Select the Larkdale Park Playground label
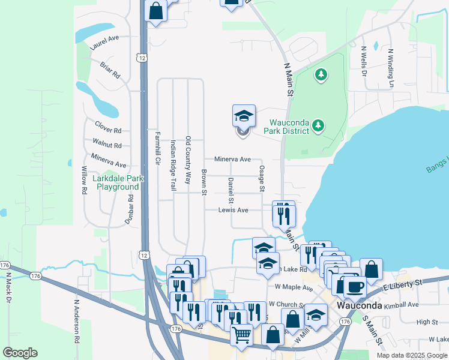tap(118, 182)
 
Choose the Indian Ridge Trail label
tap(173, 166)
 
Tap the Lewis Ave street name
tap(234, 210)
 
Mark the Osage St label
tap(262, 179)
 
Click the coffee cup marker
tap(354, 288)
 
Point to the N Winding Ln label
tap(391, 68)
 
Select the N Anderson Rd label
tap(77, 322)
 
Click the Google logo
tap(20, 353)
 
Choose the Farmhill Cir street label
tap(158, 148)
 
